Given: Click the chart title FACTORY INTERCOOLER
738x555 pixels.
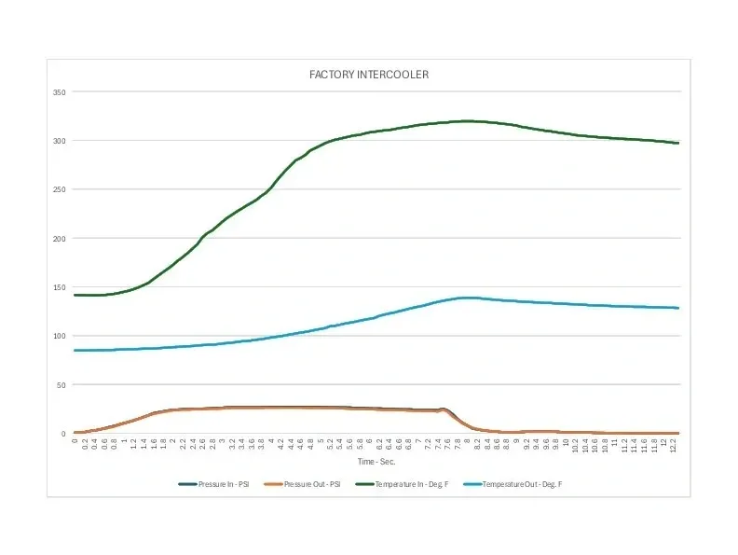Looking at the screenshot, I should [x=369, y=75].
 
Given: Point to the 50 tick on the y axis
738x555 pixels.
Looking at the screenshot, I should [x=61, y=384].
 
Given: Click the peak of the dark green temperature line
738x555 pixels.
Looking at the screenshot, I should [x=467, y=121].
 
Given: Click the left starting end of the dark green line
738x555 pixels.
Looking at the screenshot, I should [x=75, y=295].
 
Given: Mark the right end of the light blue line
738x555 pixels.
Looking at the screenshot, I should [x=678, y=308].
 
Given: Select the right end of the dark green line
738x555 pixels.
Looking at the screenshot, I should [x=678, y=143].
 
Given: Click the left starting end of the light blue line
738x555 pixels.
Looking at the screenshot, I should [x=75, y=351].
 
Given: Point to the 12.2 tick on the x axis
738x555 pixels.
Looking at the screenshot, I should [x=674, y=447].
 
